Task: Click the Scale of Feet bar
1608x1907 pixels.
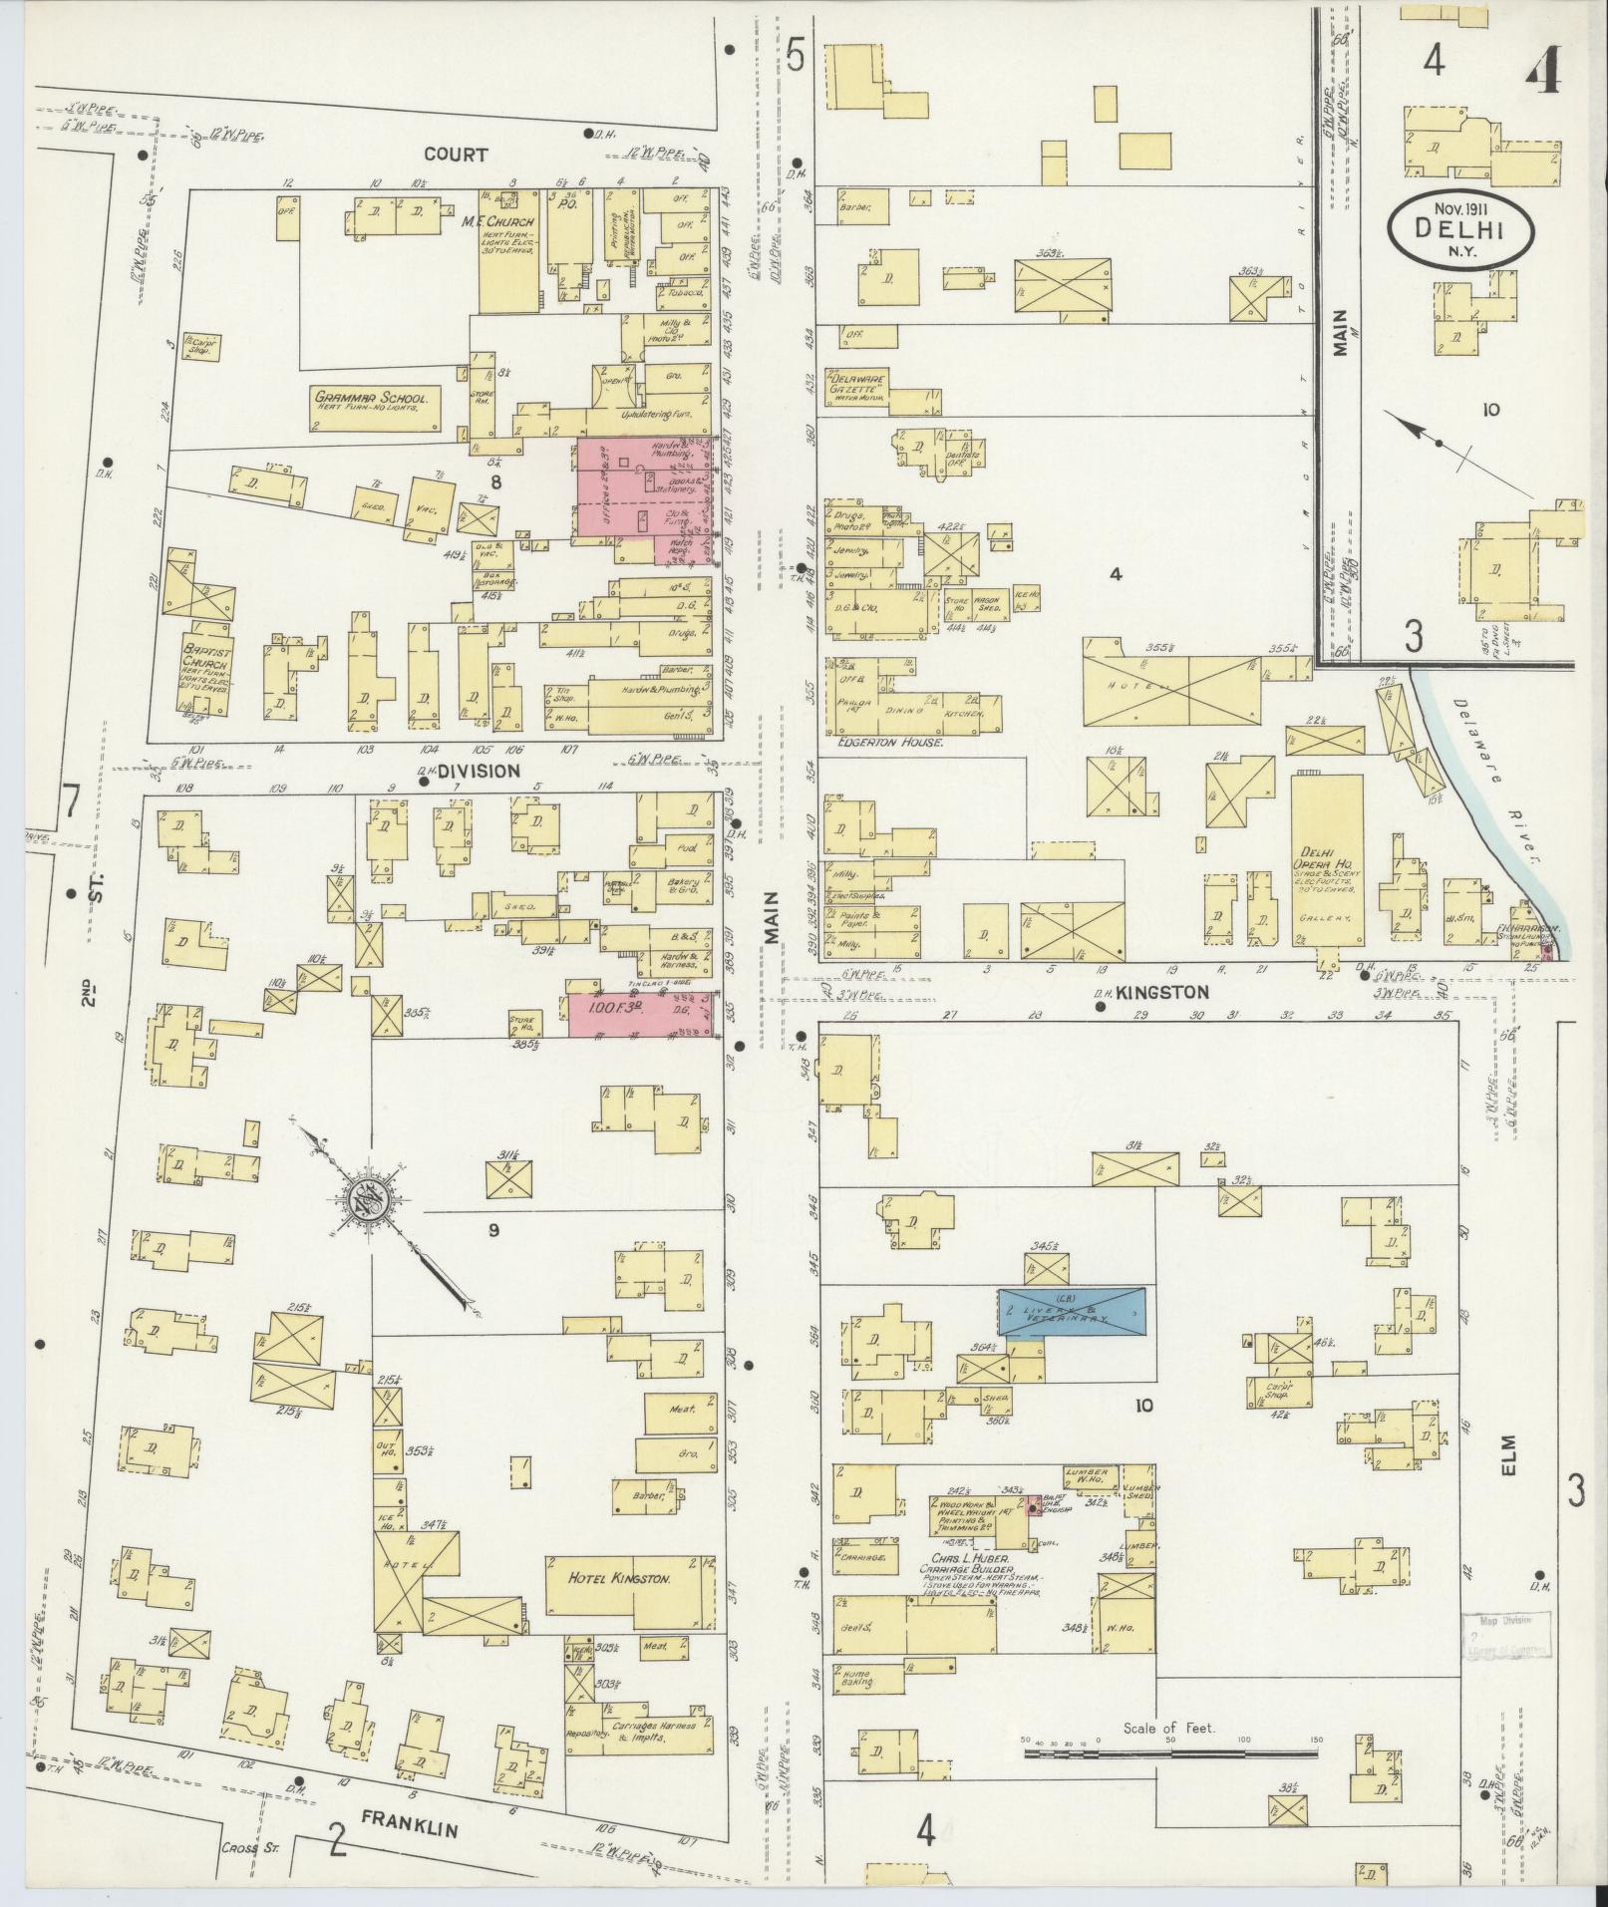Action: point(1170,1750)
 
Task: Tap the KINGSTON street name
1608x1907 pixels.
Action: point(1161,992)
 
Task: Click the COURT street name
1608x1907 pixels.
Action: point(456,155)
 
